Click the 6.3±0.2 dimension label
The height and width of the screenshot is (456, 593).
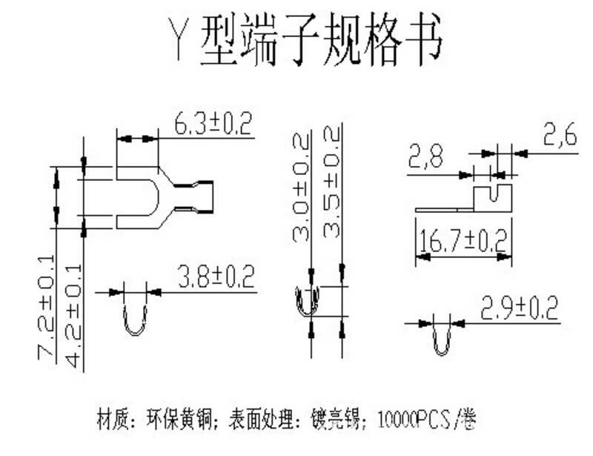pos(213,124)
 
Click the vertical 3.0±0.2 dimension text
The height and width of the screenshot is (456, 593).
pos(302,189)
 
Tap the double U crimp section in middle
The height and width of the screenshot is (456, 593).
pos(310,303)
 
